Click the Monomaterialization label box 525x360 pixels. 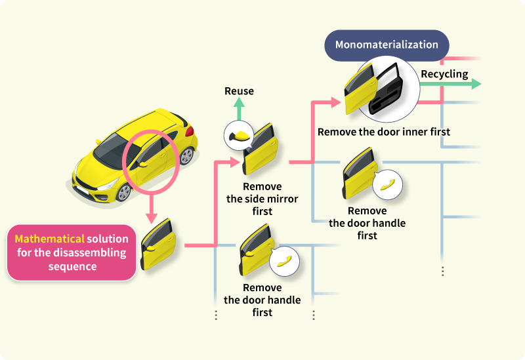(x=387, y=45)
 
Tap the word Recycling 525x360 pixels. (x=444, y=73)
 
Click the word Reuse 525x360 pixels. (x=239, y=91)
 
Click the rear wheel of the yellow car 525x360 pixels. (x=187, y=155)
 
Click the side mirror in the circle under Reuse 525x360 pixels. (x=238, y=136)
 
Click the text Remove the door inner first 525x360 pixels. (x=384, y=132)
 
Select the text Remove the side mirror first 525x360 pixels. (x=262, y=199)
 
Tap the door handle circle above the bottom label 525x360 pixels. (x=283, y=260)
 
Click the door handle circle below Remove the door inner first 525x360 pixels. (x=387, y=184)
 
